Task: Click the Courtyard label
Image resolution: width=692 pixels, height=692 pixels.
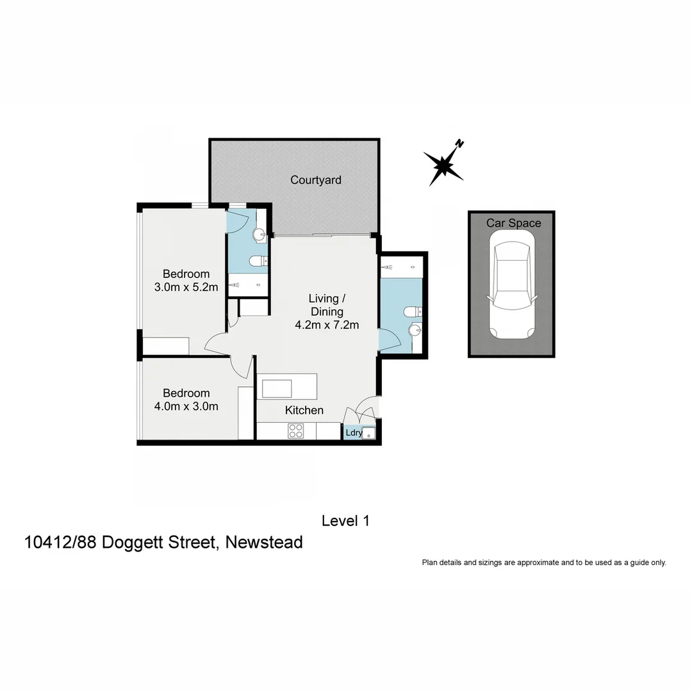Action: [315, 180]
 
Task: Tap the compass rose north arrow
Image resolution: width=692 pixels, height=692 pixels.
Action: [444, 164]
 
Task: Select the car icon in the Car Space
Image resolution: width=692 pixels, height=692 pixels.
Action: [511, 285]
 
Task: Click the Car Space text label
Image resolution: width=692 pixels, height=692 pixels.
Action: [513, 223]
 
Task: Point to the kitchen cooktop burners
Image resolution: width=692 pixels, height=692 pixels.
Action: [295, 431]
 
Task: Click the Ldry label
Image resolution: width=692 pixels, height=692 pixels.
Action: [353, 433]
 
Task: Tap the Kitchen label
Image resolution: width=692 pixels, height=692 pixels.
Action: [304, 410]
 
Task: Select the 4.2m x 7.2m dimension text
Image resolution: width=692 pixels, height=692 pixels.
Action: [326, 325]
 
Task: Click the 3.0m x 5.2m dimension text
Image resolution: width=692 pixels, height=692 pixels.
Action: [186, 288]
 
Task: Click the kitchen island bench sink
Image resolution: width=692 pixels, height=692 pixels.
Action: [276, 388]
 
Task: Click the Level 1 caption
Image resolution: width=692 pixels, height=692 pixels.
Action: [345, 521]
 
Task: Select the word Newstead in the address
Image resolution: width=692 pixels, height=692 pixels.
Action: [265, 543]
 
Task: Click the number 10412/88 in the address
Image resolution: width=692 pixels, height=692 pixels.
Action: [61, 543]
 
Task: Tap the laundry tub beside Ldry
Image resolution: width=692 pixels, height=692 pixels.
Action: [368, 433]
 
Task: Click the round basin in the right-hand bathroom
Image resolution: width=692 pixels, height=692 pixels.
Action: [415, 331]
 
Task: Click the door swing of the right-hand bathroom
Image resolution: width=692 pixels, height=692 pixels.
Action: [388, 339]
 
